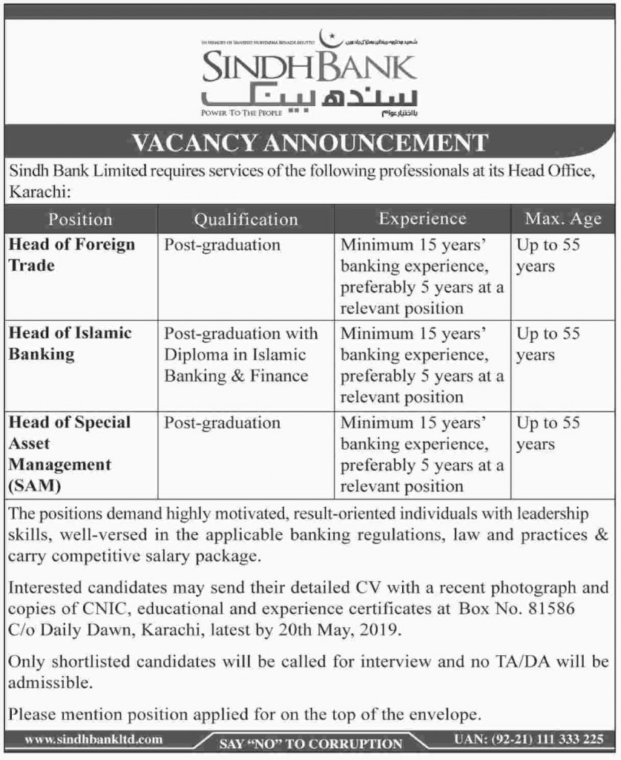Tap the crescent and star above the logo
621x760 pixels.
326,36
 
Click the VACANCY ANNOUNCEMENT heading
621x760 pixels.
310,142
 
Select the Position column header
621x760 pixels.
79,219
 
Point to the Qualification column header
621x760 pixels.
246,219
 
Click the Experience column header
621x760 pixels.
422,219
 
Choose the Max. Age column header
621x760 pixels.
563,219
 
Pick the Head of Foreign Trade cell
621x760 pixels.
72,255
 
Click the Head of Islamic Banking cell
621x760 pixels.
70,344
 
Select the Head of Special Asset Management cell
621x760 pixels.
70,453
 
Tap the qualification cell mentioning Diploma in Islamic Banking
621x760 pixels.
241,355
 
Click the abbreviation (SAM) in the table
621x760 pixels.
34,486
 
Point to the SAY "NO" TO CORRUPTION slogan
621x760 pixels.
311,743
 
